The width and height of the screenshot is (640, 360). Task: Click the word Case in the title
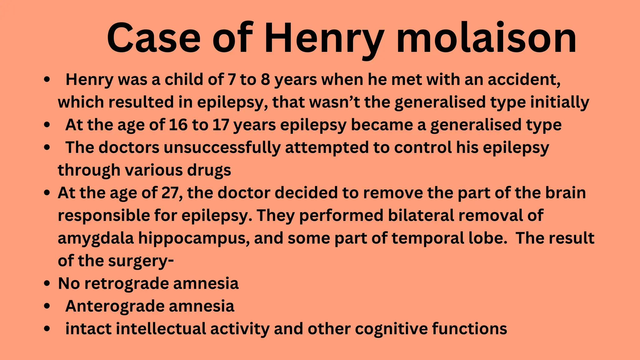[x=153, y=38]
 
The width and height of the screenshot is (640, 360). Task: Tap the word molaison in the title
[x=486, y=38]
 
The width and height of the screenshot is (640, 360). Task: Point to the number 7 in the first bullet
[x=232, y=79]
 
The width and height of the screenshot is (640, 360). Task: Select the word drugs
[x=209, y=170]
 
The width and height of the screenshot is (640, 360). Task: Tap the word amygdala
[x=96, y=238]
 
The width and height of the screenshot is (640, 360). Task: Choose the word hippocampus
[x=194, y=238]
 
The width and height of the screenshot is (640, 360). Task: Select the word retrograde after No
[x=127, y=283]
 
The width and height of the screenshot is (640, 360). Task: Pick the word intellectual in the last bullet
[x=161, y=329]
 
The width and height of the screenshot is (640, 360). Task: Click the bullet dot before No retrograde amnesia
[x=47, y=283]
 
